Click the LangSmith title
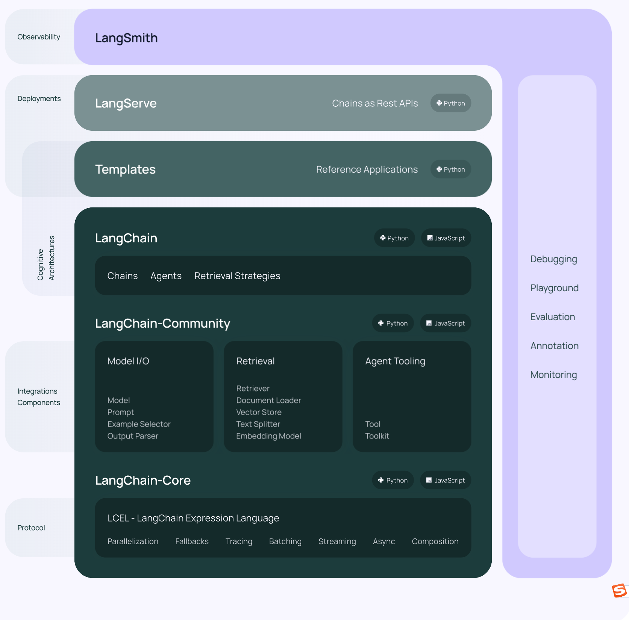coord(126,38)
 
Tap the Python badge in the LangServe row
coord(450,103)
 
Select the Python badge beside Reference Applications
coord(450,169)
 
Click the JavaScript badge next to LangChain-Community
coord(446,324)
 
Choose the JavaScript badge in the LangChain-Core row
coord(446,481)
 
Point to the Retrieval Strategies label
coord(237,276)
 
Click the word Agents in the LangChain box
coord(166,276)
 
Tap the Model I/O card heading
coord(128,361)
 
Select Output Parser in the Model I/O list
coord(133,436)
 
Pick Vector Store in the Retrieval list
coord(259,412)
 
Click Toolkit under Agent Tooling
coord(377,436)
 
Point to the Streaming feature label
coord(337,541)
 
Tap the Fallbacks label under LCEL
coord(192,541)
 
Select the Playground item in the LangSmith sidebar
coord(554,288)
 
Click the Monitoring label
coord(553,375)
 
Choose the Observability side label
coord(39,37)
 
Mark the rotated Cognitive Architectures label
coord(46,258)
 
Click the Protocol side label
coord(31,528)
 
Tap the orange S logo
coord(619,590)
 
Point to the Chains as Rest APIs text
coord(375,103)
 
